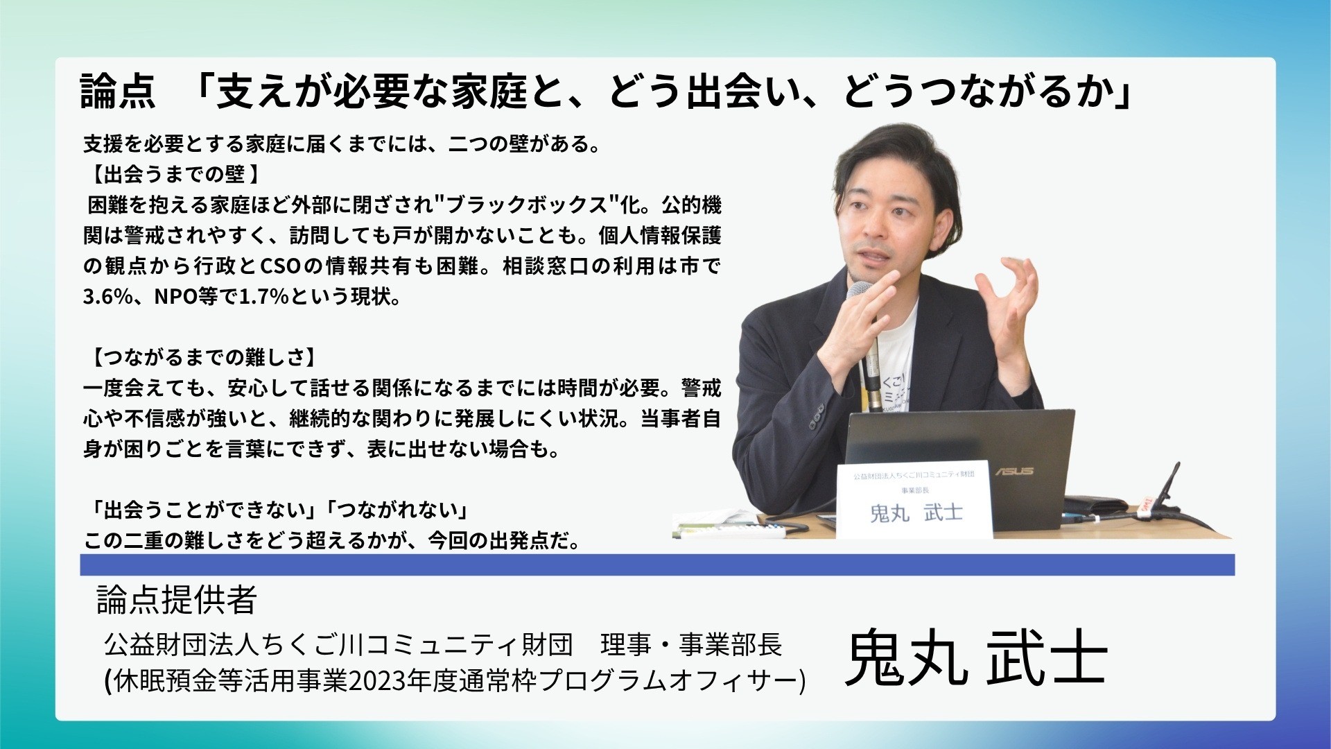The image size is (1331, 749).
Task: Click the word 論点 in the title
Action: (x=117, y=92)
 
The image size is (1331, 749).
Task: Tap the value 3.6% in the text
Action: (x=107, y=297)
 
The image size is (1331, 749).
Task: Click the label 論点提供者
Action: (x=177, y=600)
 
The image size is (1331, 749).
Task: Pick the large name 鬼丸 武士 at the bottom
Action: (x=975, y=657)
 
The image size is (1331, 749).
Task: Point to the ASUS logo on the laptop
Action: (x=1014, y=471)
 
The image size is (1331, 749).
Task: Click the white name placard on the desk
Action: (x=914, y=499)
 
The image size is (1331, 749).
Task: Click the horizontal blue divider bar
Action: (x=657, y=565)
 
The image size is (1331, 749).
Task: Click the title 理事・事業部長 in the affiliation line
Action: (x=691, y=645)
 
